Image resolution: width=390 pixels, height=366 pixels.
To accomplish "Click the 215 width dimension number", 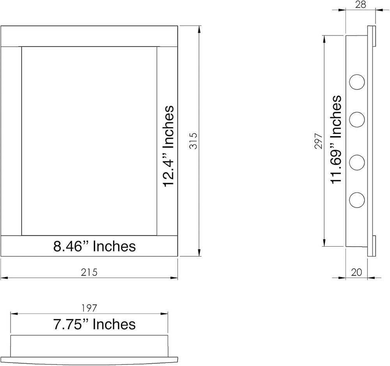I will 89,272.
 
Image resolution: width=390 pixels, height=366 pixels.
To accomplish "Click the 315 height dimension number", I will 193,141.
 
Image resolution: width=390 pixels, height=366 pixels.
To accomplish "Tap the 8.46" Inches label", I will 94,246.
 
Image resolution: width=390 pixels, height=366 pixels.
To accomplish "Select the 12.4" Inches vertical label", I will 168,146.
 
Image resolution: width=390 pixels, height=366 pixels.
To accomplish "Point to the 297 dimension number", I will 319,141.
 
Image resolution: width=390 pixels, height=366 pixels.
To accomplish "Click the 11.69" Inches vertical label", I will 336,139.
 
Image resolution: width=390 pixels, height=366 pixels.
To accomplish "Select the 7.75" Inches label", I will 94,324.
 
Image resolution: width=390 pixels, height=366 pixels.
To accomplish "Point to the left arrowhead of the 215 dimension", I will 4,278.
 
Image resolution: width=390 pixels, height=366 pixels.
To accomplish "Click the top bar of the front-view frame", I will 89,36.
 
